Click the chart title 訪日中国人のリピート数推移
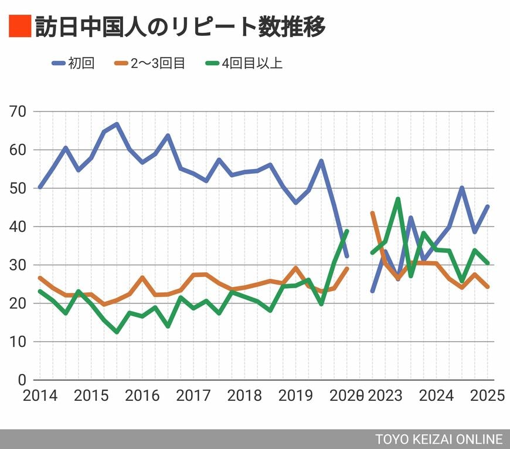[179, 27]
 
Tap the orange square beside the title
[19, 27]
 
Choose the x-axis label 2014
[40, 396]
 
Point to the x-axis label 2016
[142, 396]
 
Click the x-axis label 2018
[245, 396]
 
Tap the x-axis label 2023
[385, 396]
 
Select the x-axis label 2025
[487, 396]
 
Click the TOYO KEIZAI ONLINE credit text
[439, 439]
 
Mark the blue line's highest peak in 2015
[117, 124]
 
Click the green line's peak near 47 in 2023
[398, 199]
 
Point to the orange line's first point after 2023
[373, 213]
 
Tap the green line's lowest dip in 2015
[117, 332]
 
